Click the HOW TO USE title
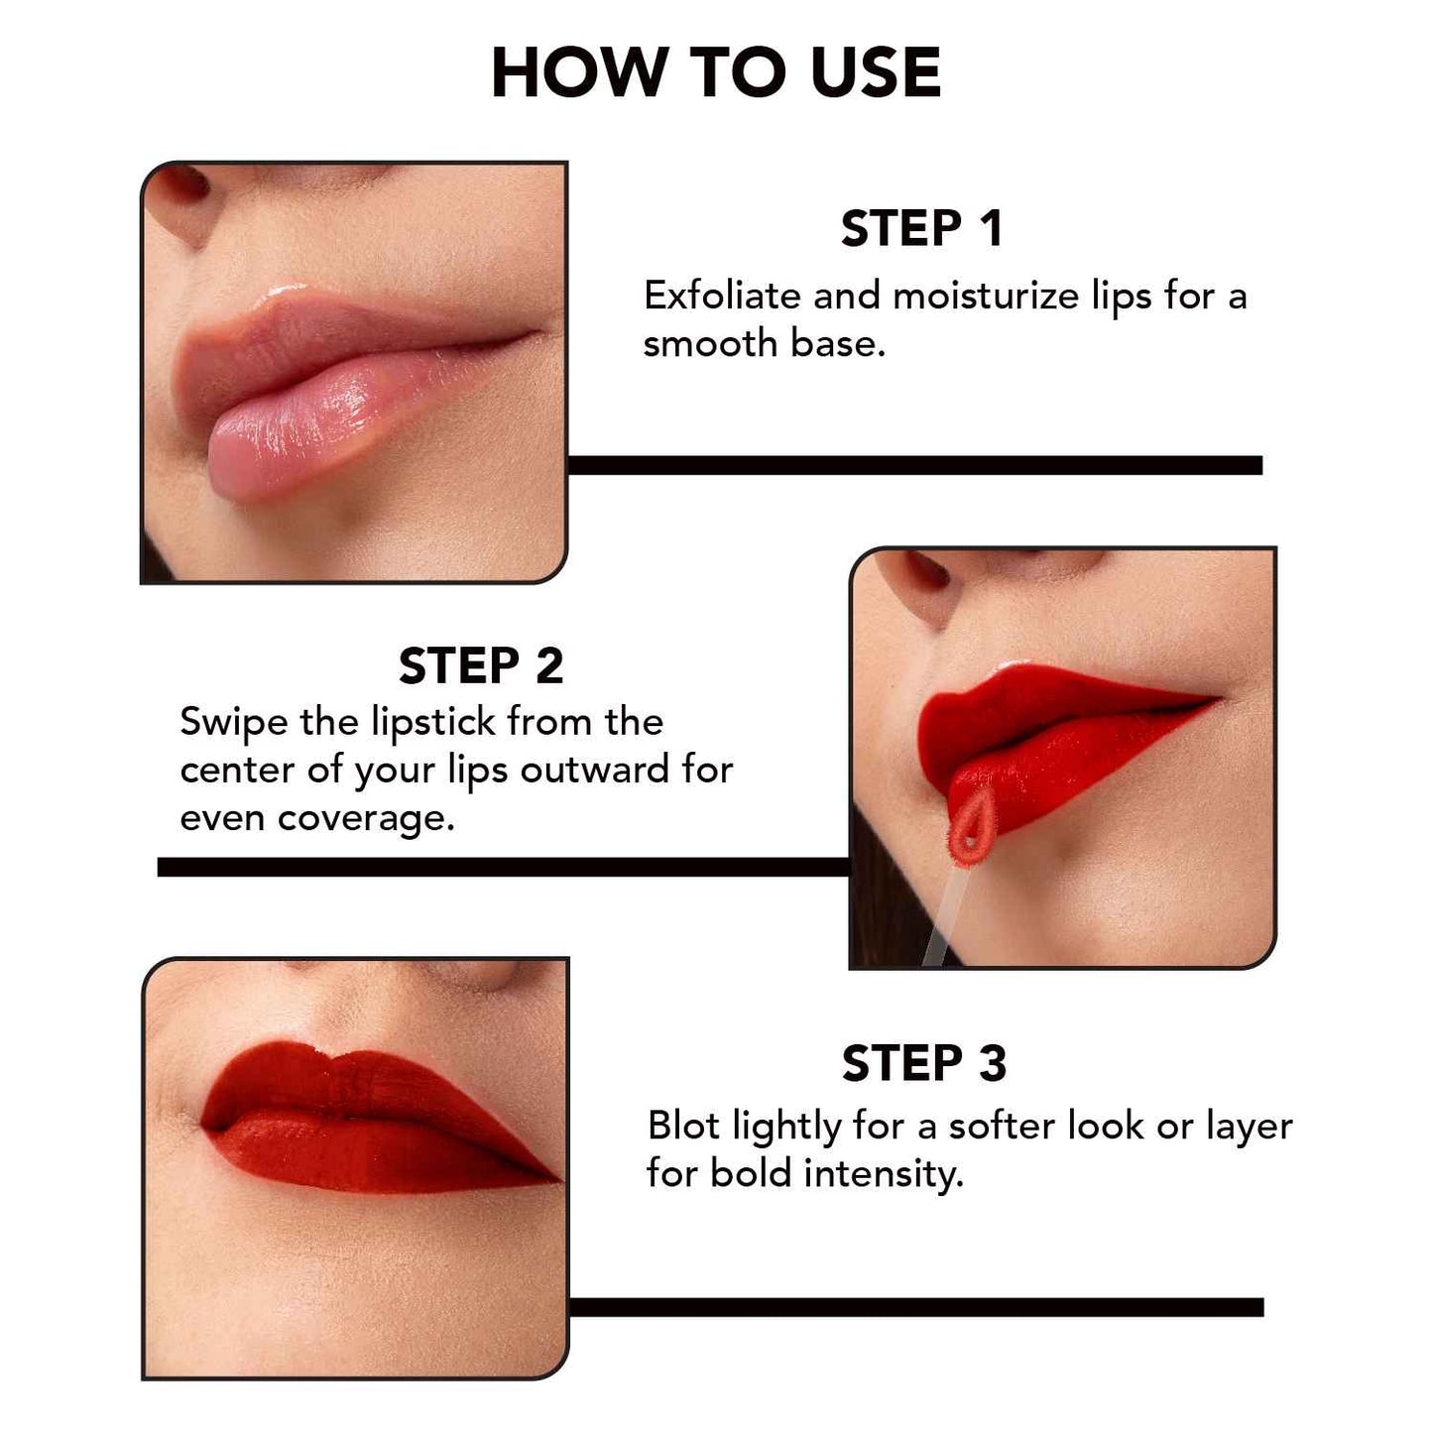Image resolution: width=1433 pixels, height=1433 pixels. click(x=715, y=73)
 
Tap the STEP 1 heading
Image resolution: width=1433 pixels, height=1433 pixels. click(x=921, y=229)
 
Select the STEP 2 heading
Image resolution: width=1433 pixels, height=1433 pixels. click(x=481, y=666)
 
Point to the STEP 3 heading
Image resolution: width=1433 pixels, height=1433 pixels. click(x=923, y=1064)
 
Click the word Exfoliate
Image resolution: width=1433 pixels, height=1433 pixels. click(x=722, y=296)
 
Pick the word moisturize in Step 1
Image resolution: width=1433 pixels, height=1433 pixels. click(x=986, y=296)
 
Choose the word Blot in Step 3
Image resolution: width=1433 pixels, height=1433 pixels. click(x=683, y=1127)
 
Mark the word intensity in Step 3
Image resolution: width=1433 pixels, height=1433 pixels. click(x=883, y=1174)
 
